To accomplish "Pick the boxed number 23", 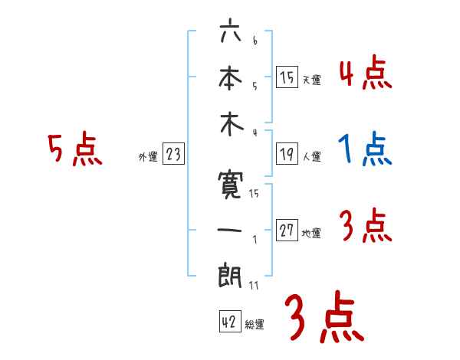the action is pos(173,155).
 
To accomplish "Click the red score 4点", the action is pos(365,74).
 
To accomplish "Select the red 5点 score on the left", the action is pos(74,150).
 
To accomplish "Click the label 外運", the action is pos(147,157).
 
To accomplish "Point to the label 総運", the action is pos(255,325).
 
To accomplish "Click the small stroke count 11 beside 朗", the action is pos(253,286).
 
